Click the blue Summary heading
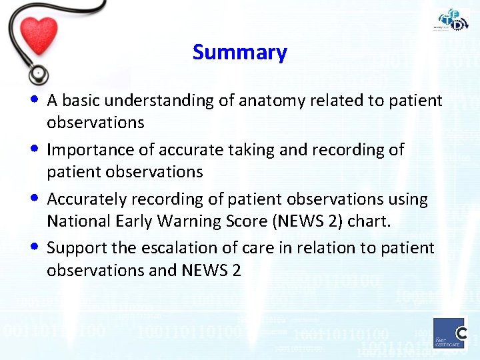239,52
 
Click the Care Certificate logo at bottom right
449,333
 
